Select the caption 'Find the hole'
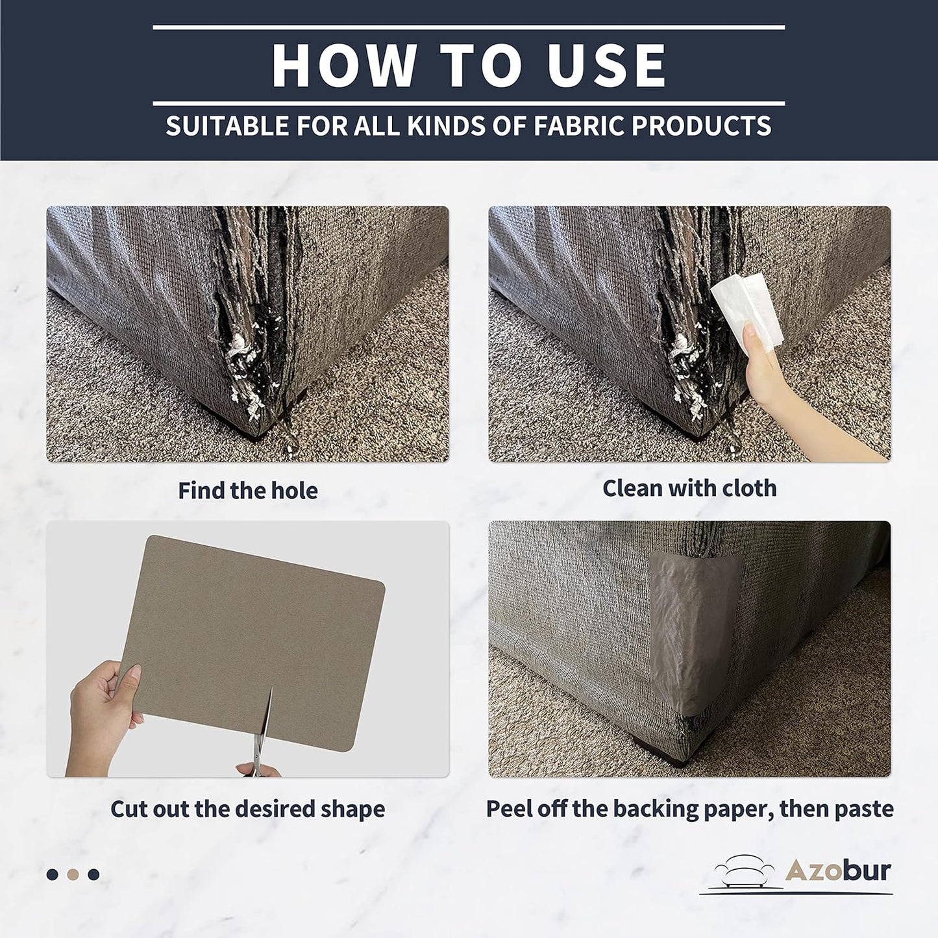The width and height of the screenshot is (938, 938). (248, 490)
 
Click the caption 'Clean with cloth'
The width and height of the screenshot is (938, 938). (689, 488)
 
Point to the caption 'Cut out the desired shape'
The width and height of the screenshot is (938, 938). (248, 809)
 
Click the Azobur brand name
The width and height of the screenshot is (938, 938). (838, 871)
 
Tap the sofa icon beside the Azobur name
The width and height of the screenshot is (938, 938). (745, 874)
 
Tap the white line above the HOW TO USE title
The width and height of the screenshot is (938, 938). (469, 28)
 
